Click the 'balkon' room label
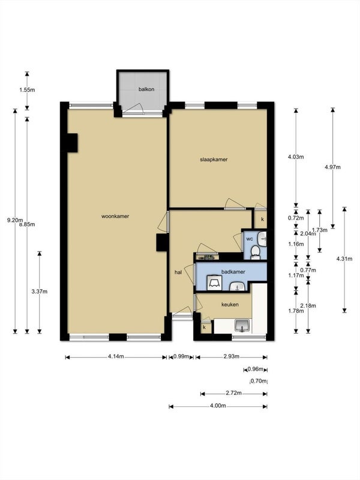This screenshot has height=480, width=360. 146,89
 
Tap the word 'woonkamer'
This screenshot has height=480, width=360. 115,216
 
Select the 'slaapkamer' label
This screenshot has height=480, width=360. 214,160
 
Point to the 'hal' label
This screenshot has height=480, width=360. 178,272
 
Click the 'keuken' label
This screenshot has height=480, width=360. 230,304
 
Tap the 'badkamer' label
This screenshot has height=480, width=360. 233,272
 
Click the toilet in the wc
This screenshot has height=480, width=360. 256,252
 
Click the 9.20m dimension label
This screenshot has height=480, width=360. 12,220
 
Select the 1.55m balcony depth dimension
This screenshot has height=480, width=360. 27,90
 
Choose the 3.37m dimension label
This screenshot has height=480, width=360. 39,292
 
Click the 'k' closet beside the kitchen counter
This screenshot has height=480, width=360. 205,327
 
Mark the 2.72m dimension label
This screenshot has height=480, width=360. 233,394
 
